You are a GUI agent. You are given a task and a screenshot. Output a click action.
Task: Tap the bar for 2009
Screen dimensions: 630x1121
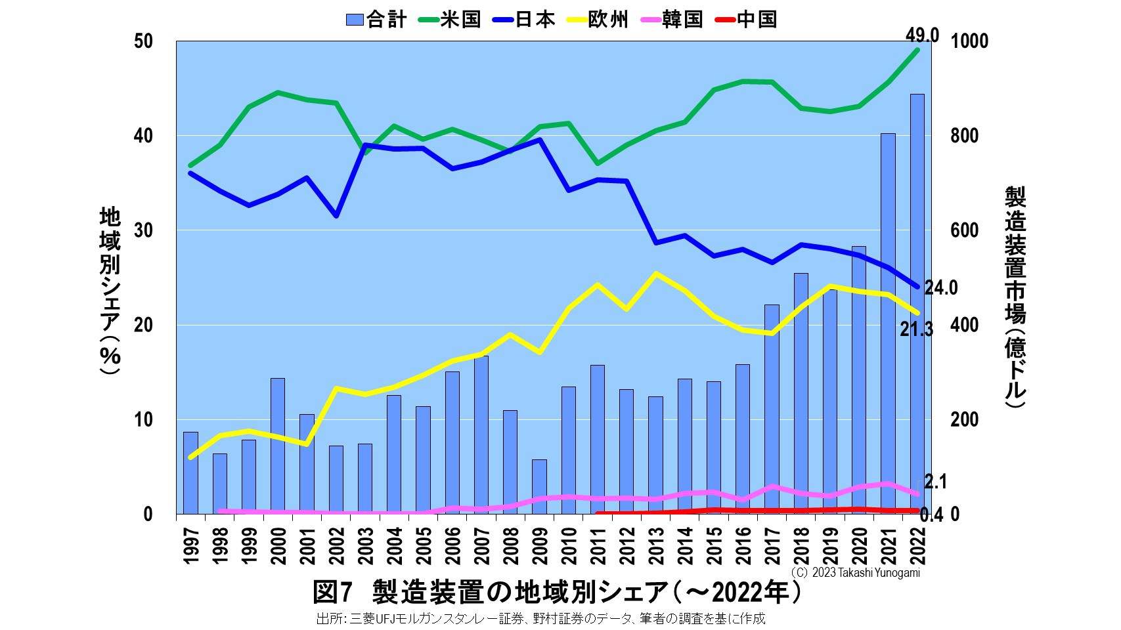click(x=539, y=486)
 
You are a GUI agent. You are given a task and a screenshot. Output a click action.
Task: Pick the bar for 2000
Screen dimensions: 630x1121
click(x=278, y=446)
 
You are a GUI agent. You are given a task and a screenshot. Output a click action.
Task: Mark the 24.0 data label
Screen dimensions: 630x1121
click(x=941, y=288)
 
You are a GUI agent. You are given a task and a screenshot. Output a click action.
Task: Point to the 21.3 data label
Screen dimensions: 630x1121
click(x=916, y=330)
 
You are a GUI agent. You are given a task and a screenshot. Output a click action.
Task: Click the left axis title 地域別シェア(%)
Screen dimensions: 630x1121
click(x=110, y=289)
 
